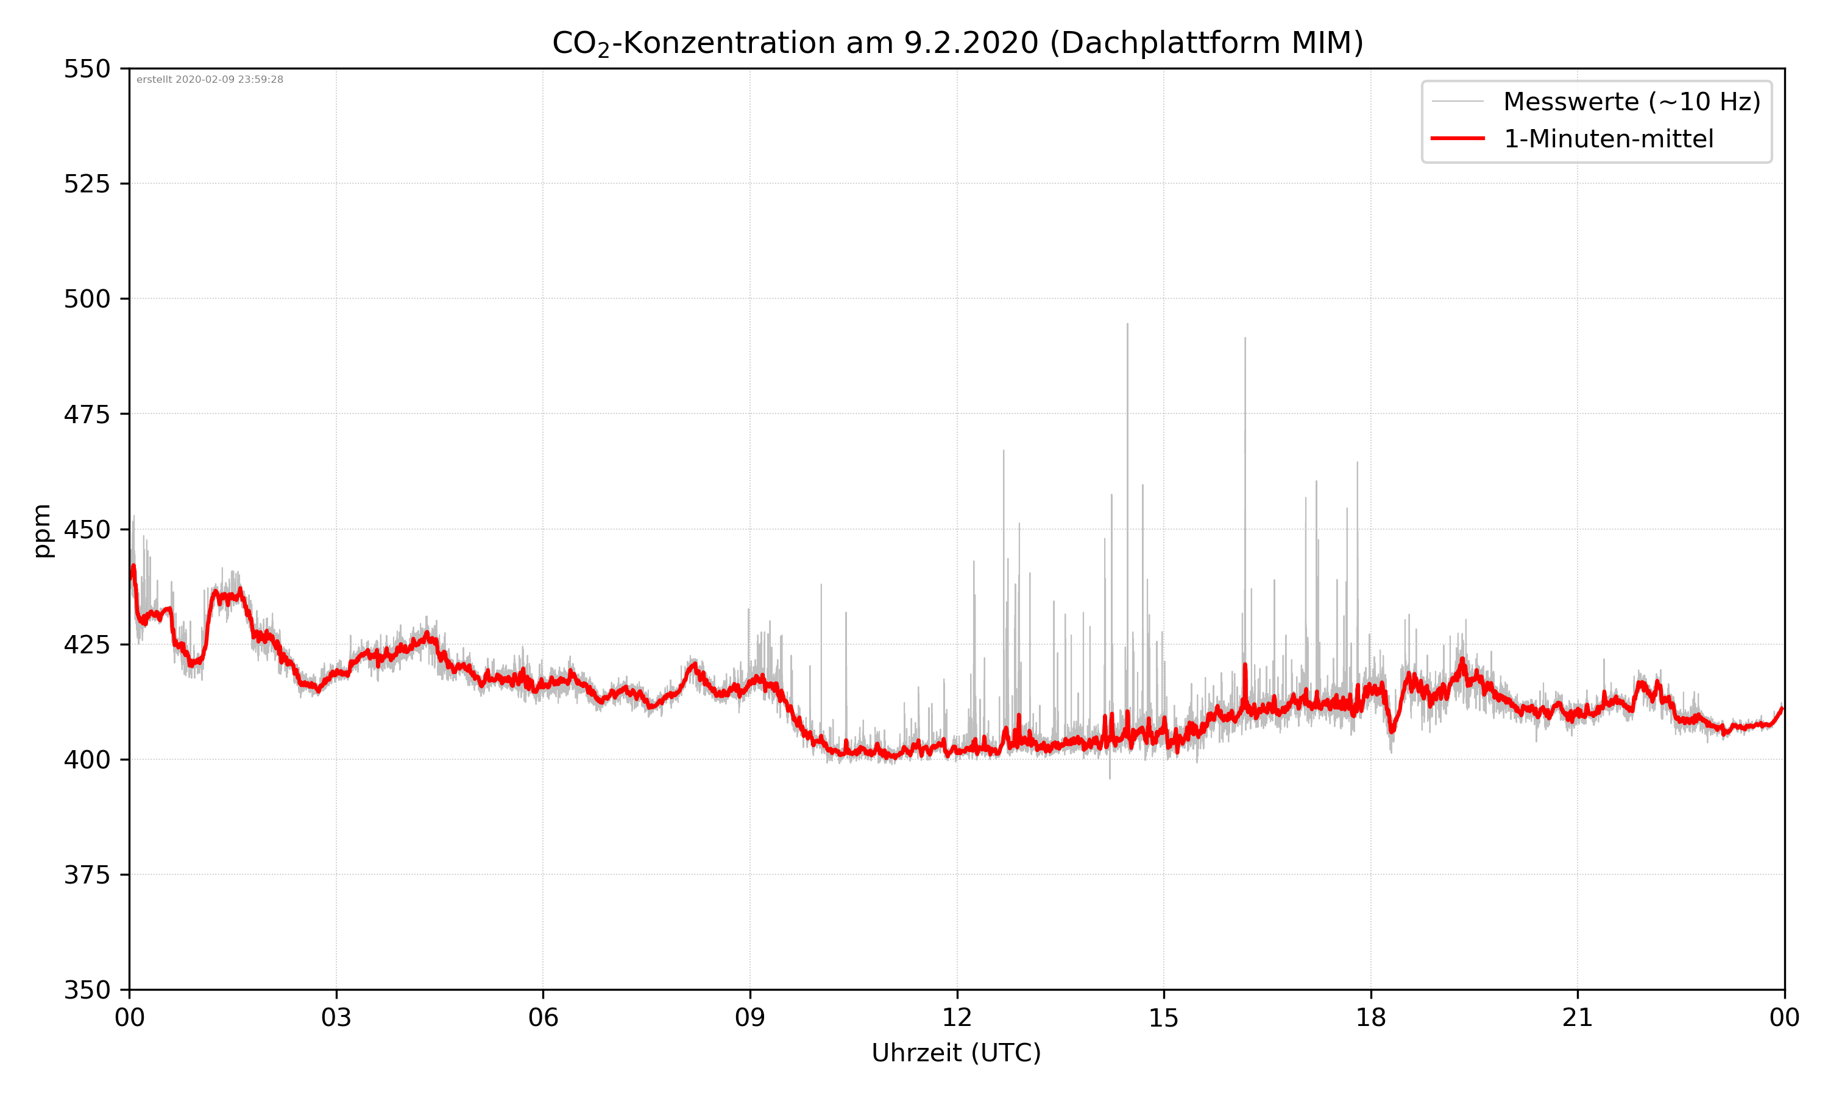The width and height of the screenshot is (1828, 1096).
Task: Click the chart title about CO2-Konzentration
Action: click(957, 43)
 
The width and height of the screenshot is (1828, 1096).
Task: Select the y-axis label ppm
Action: click(42, 530)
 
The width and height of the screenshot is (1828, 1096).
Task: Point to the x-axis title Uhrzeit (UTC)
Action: click(956, 1052)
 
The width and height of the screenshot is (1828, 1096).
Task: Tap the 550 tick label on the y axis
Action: click(87, 69)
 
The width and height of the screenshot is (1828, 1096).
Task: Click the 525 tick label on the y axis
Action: click(87, 184)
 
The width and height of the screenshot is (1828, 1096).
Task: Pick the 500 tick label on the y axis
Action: click(87, 299)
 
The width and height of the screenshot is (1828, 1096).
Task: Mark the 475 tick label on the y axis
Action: click(87, 414)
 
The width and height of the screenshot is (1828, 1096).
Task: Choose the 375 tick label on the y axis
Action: click(87, 875)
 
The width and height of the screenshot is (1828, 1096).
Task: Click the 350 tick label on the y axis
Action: click(87, 991)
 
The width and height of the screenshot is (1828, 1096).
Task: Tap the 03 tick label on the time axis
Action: click(336, 1017)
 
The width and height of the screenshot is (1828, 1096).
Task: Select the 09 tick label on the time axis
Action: click(750, 1017)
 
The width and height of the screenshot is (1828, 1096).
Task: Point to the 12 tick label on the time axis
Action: click(957, 1017)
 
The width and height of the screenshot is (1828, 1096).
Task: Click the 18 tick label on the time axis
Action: click(1370, 1017)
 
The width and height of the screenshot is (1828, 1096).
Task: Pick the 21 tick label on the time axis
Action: click(1578, 1017)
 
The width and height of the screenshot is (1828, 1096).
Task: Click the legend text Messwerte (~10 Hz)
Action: click(1631, 102)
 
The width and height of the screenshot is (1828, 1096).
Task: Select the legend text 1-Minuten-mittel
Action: click(1608, 139)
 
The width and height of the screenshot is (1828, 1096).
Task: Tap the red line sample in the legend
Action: click(1457, 138)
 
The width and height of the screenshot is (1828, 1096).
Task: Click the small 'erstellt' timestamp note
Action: click(210, 80)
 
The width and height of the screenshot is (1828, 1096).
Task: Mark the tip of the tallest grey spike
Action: click(1127, 324)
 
